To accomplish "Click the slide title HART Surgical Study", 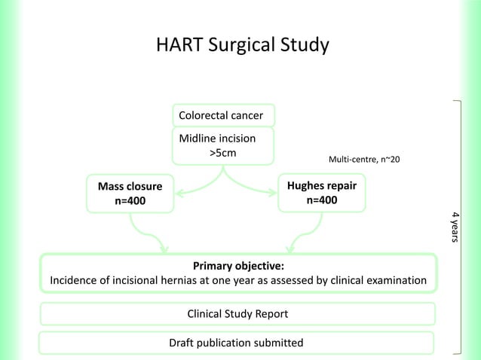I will click(242, 46).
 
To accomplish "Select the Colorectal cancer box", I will click(224, 115).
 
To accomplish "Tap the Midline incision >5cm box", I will click(224, 146).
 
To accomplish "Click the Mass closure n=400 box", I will click(130, 193).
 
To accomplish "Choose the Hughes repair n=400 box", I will click(321, 192).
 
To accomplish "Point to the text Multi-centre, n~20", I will click(365, 160).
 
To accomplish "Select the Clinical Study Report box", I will click(237, 313).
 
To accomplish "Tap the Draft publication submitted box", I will click(236, 343).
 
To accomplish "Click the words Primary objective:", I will click(239, 266).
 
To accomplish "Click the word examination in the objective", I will click(394, 282).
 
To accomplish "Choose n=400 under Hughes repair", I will click(321, 200).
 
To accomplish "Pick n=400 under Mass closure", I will click(130, 201).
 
